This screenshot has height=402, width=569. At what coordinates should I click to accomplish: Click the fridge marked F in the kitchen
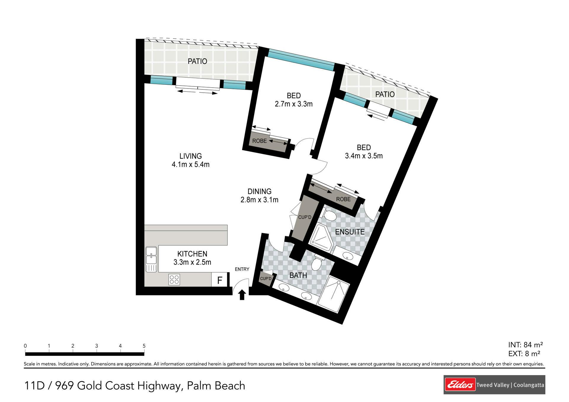point(219,280)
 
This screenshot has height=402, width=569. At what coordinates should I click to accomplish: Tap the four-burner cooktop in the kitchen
point(174,279)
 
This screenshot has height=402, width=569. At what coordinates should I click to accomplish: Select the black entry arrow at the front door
point(242,295)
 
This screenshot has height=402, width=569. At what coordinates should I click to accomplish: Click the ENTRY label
point(242,269)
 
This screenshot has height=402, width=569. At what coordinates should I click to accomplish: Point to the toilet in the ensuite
point(328,213)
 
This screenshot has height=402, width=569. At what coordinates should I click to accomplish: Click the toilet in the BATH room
point(317,261)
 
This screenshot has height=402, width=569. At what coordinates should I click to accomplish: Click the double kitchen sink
point(151,259)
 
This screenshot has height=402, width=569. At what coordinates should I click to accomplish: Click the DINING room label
point(259,191)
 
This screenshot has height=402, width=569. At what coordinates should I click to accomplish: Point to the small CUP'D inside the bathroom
point(266,279)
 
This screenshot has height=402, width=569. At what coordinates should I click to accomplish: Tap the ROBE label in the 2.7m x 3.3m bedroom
point(259,141)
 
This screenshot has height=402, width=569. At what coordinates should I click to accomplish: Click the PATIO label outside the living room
point(197,61)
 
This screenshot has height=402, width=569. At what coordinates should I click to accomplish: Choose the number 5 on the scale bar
point(144,346)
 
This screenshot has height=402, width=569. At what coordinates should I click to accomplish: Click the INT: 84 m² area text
point(525,345)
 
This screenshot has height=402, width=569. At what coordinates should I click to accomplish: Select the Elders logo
point(460,385)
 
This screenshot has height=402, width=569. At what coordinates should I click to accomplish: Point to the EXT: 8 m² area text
point(524,353)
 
